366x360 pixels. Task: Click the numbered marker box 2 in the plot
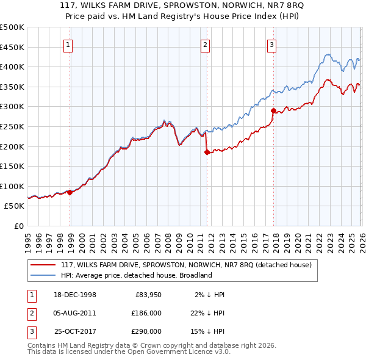[x=205, y=44]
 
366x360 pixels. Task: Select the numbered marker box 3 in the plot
[x=271, y=44]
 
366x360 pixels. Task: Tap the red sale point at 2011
[x=207, y=152]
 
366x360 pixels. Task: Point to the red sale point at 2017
[x=273, y=110]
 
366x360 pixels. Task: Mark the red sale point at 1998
[x=70, y=192]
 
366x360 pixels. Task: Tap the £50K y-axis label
[x=15, y=206]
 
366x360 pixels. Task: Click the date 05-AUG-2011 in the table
[x=76, y=312]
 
